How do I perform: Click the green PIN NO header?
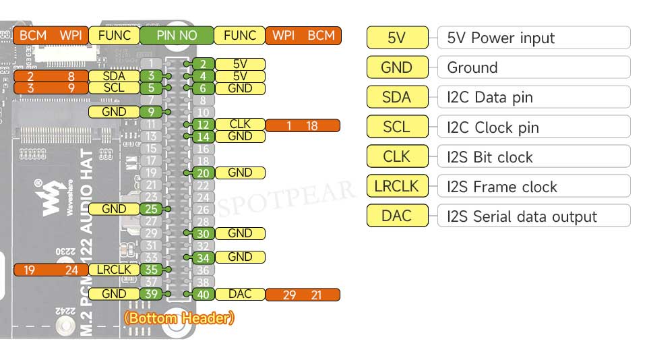(x=177, y=36)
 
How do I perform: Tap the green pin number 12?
(x=203, y=125)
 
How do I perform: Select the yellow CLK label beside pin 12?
(x=240, y=125)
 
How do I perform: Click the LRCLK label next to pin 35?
(x=114, y=270)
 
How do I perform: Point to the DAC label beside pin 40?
(x=240, y=295)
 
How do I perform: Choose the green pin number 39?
(x=151, y=294)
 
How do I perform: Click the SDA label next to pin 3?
(x=114, y=76)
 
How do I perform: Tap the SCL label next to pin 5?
(x=114, y=88)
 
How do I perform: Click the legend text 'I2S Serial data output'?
(x=522, y=217)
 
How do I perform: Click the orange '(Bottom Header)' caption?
(x=179, y=318)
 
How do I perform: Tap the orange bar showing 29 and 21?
(x=303, y=295)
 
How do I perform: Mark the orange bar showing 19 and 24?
(x=51, y=270)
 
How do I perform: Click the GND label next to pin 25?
(x=114, y=209)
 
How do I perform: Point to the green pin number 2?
(x=203, y=65)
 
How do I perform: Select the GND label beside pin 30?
(x=240, y=233)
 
